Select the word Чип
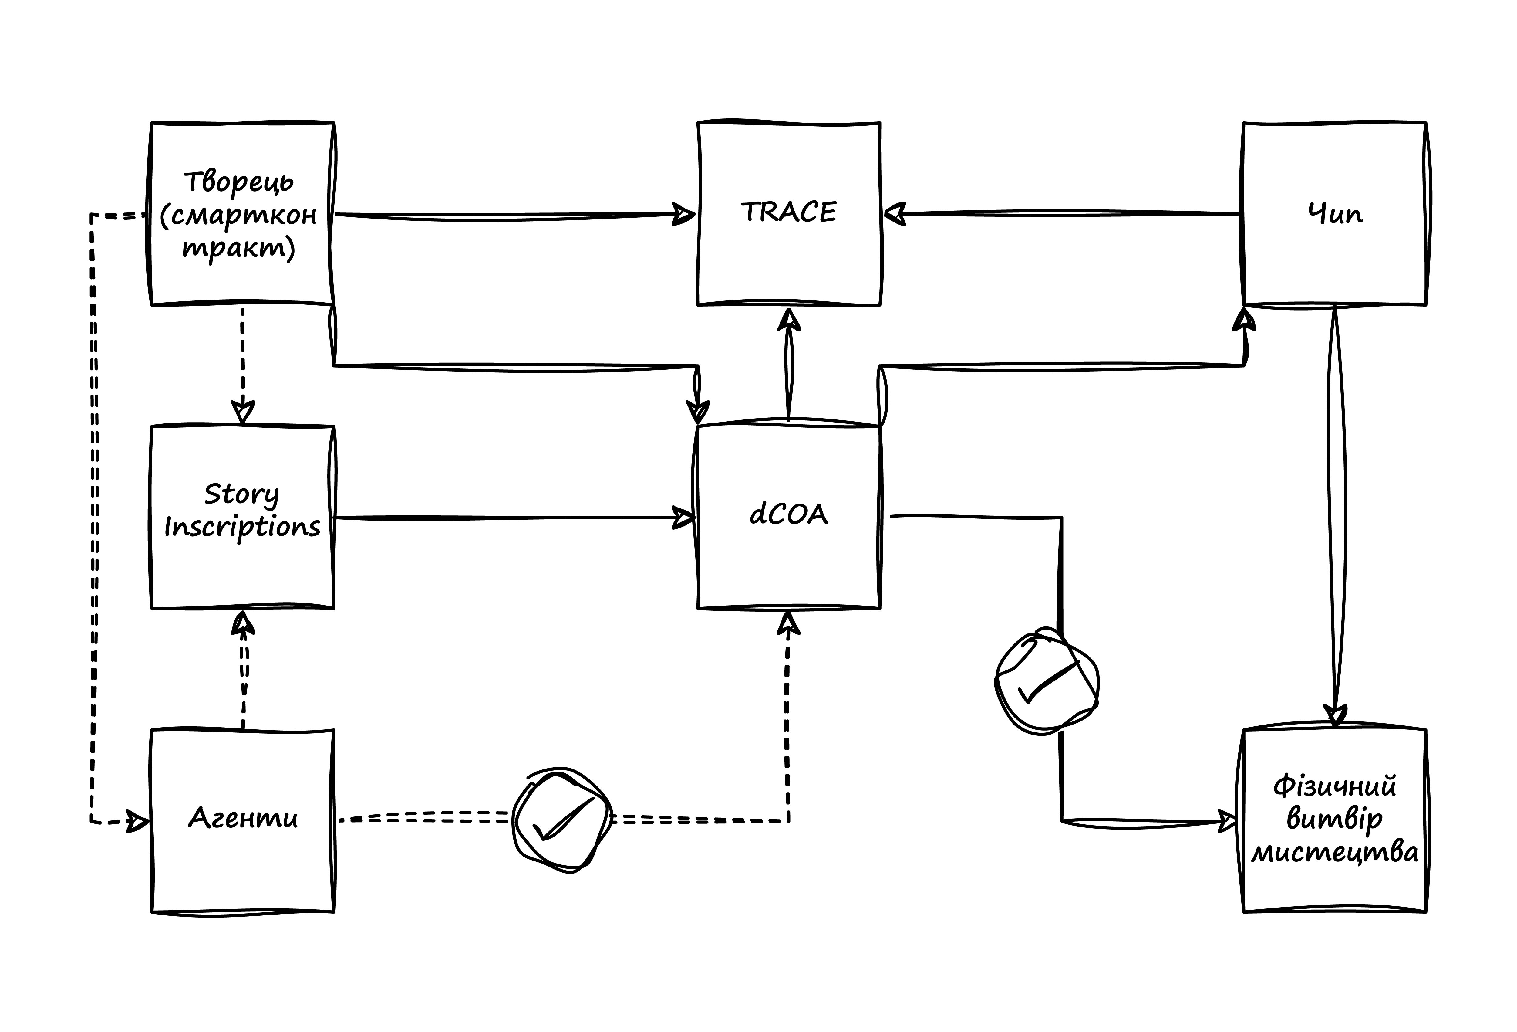[x=1335, y=214]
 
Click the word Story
[x=241, y=494]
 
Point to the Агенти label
[x=243, y=818]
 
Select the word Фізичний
[x=1335, y=786]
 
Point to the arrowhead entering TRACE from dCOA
[x=789, y=320]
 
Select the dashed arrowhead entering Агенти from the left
[x=137, y=821]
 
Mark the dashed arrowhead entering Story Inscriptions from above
[x=243, y=412]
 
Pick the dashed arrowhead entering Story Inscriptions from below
[x=243, y=624]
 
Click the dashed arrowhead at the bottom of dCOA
[x=788, y=624]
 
